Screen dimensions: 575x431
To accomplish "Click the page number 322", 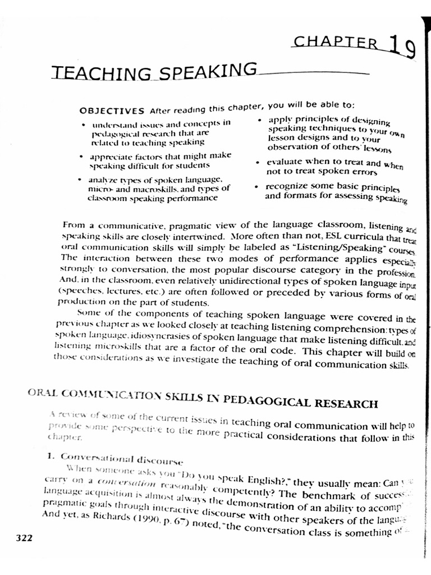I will [24, 538].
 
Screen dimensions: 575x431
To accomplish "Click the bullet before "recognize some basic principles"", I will [256, 186].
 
